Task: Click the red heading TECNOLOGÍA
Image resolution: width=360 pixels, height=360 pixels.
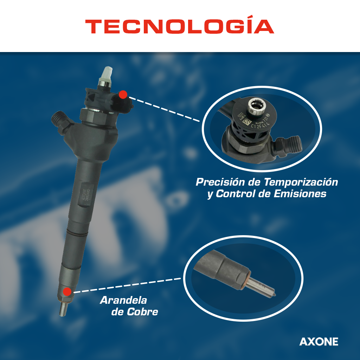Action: pyautogui.click(x=180, y=26)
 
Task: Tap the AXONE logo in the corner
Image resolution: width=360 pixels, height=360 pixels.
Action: pyautogui.click(x=319, y=341)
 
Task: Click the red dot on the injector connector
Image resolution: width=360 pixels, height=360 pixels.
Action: pyautogui.click(x=123, y=94)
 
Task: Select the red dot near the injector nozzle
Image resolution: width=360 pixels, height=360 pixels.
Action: pyautogui.click(x=66, y=291)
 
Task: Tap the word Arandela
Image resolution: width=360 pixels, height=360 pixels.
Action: pyautogui.click(x=123, y=301)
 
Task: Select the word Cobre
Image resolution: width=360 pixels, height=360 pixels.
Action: pyautogui.click(x=144, y=312)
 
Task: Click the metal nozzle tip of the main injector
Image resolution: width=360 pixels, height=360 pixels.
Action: pyautogui.click(x=63, y=309)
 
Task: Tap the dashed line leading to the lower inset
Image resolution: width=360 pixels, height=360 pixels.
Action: pyautogui.click(x=127, y=285)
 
